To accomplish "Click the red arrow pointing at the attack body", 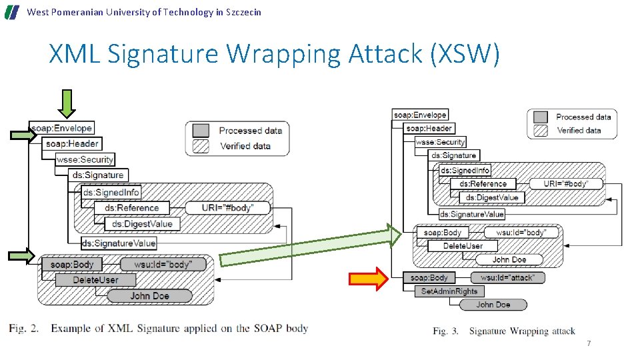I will coord(369,279).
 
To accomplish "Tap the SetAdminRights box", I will coord(449,291).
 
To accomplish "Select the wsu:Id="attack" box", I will coord(507,277).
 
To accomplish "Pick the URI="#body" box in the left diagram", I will coord(228,208).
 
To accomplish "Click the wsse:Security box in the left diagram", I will coord(85,159).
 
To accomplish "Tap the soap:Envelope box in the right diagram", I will coord(420,115).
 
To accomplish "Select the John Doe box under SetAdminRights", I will coord(493,305).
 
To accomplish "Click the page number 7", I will coord(588,343).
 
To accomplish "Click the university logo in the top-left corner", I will coord(12,12).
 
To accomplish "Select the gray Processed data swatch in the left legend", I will coord(201,130).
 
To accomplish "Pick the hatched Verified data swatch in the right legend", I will coord(540,131).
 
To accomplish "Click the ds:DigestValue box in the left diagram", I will coord(142,224).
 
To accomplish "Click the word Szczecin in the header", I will coord(243,12).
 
